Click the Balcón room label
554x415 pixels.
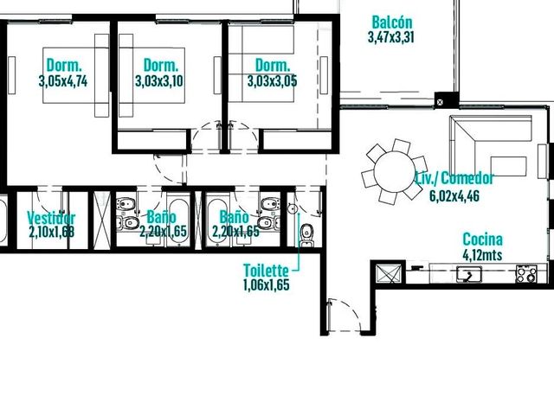click(392, 22)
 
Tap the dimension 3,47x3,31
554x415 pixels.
click(390, 37)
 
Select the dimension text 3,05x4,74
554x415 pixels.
click(63, 81)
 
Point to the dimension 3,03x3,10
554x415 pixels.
click(159, 81)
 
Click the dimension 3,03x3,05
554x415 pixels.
click(272, 81)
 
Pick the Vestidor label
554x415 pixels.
click(51, 218)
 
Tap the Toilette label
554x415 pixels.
click(266, 271)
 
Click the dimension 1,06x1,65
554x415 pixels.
click(267, 284)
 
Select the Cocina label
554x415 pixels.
click(483, 239)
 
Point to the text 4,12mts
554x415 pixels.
click(482, 254)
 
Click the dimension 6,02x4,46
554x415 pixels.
click(454, 195)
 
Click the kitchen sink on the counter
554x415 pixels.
click(469, 274)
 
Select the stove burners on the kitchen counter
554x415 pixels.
click(526, 274)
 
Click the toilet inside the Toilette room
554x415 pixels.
click(306, 233)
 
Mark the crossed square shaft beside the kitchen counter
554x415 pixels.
click(389, 274)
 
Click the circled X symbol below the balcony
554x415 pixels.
click(440, 102)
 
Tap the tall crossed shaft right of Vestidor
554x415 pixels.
click(102, 220)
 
